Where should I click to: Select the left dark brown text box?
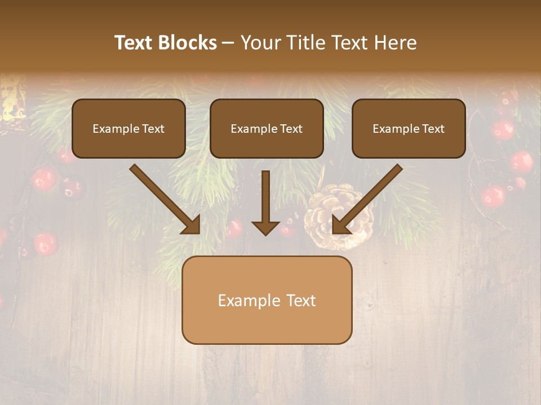point(128,128)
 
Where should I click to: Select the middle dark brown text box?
point(267,128)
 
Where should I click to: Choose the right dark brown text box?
point(409,128)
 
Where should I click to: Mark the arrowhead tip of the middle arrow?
point(265,234)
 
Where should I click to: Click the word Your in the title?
point(259,43)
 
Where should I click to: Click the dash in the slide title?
point(228,43)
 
